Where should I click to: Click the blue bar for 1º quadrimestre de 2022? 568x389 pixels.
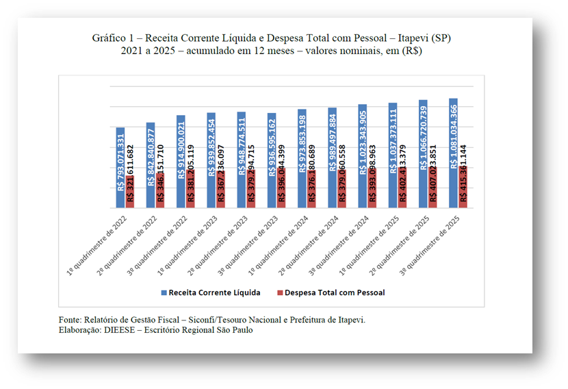click(120, 168)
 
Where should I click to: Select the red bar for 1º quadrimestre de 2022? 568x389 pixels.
click(130, 192)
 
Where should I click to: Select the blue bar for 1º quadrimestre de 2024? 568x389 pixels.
click(302, 159)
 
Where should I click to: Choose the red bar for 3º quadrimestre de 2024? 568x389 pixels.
click(372, 188)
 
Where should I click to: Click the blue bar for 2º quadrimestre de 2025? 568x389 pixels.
click(423, 154)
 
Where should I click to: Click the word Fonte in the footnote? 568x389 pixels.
click(69, 320)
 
